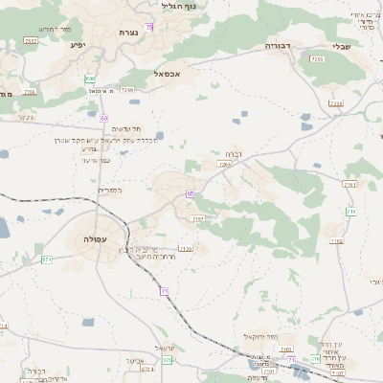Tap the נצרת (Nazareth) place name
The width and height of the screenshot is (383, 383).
point(130,33)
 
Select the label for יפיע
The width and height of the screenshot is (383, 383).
point(79,44)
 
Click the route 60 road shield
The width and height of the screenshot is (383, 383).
point(103,117)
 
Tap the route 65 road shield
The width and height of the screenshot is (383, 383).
point(191,194)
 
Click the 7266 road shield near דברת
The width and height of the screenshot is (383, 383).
point(224,165)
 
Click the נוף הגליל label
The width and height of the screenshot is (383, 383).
point(180,7)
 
